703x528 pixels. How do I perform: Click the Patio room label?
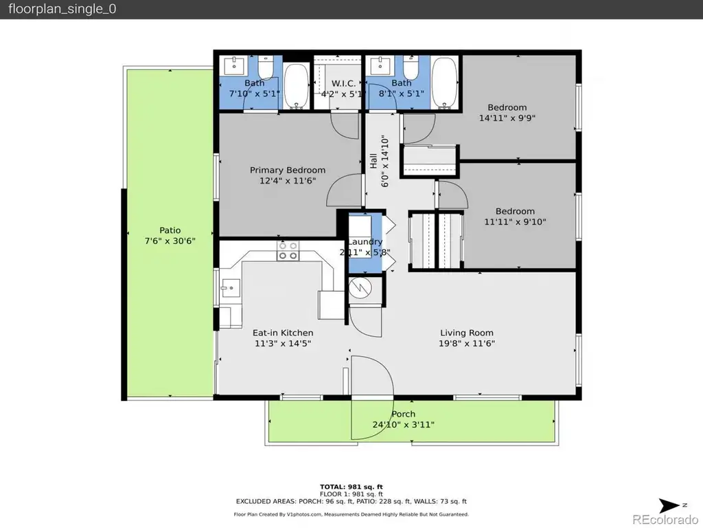[170, 230]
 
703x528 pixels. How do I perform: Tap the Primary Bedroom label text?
[288, 170]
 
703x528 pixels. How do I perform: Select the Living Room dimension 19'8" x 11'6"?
[466, 344]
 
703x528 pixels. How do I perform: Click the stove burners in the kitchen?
[288, 251]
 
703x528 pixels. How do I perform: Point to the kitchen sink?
[231, 288]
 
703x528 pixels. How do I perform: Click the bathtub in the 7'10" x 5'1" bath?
[297, 86]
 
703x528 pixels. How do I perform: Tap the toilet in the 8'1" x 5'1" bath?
[411, 67]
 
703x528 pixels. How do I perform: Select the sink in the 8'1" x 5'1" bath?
[380, 65]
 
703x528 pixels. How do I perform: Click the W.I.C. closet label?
[343, 83]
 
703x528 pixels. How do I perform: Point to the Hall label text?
[373, 161]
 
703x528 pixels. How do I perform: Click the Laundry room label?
[365, 242]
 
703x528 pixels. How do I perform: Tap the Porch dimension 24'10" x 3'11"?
[403, 425]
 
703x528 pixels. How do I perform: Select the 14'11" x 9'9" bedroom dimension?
[507, 118]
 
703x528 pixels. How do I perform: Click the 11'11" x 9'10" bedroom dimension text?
[515, 222]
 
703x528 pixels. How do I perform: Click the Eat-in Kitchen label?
[283, 333]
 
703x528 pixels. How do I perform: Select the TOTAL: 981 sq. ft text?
[351, 487]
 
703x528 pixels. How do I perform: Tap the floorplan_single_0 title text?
[62, 10]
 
